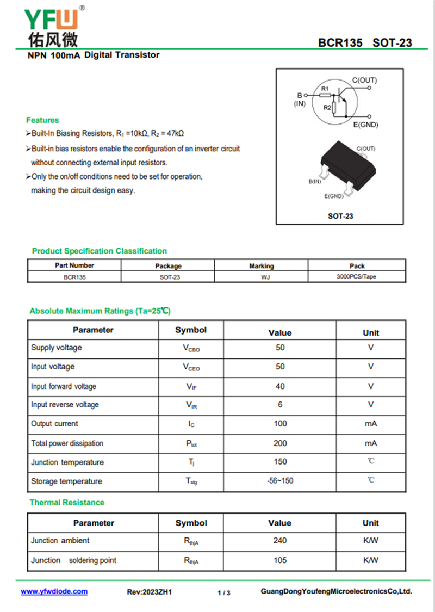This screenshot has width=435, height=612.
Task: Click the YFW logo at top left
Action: [52, 24]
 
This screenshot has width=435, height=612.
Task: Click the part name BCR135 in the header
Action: [340, 43]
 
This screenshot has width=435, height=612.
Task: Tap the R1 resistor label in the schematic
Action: [325, 88]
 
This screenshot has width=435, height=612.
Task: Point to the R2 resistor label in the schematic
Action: [327, 107]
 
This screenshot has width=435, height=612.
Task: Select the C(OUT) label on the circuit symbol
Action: [364, 81]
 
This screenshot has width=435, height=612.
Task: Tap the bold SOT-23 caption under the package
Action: [340, 216]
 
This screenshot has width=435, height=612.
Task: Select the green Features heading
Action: [42, 120]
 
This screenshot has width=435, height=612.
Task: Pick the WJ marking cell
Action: [262, 277]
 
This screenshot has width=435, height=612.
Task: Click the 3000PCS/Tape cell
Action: [356, 277]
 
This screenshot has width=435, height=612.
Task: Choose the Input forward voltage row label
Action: [64, 386]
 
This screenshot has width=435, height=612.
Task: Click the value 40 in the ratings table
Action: [280, 386]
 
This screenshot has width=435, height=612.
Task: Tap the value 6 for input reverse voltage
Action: [280, 405]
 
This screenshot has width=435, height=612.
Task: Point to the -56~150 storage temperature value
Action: [280, 481]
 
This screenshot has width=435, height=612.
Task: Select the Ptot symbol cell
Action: [191, 443]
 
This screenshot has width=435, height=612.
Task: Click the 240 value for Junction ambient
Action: [280, 541]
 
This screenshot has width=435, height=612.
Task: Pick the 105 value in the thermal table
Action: [280, 560]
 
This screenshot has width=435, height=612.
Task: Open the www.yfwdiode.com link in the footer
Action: [54, 592]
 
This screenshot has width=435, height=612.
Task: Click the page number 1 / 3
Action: [224, 593]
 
